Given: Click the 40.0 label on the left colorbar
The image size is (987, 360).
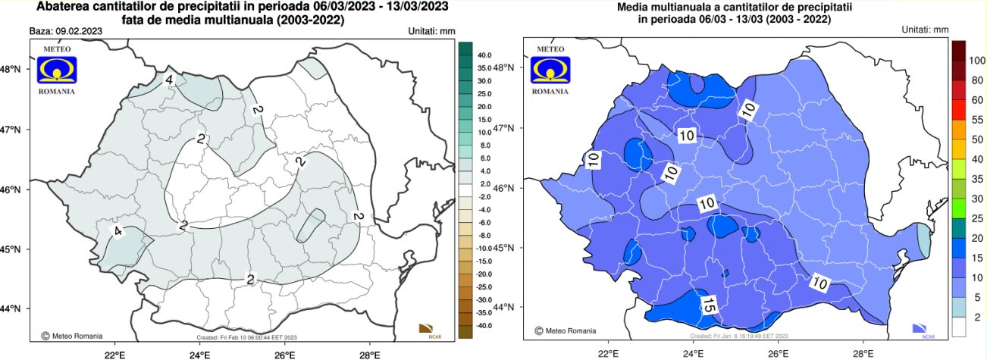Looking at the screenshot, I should click(x=484, y=55).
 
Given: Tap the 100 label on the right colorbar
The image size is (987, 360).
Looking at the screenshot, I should click(x=976, y=61).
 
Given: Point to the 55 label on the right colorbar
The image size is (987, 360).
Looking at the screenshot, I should click(x=976, y=121).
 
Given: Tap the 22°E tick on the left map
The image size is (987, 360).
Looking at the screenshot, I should click(x=114, y=353).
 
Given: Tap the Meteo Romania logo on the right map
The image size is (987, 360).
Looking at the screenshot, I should click(x=551, y=69).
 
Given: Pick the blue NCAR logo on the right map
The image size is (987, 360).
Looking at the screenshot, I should click(x=923, y=328).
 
